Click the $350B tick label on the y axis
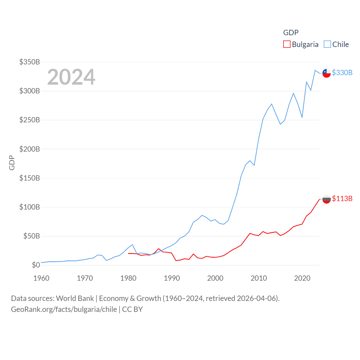(30, 62)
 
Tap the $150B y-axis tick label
(30, 178)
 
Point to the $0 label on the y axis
(36, 265)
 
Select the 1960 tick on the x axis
(41, 278)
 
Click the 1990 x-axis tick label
(172, 278)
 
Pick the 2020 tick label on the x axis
(302, 278)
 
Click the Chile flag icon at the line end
(327, 73)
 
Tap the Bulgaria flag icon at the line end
(327, 199)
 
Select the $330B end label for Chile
(342, 73)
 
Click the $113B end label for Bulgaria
(342, 199)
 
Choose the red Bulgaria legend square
(287, 44)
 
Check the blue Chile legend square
(327, 44)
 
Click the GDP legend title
(291, 33)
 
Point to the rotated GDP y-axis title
(12, 163)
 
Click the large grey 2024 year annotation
(71, 77)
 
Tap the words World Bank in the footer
(75, 298)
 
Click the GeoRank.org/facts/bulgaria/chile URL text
(64, 309)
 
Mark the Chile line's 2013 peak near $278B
(272, 104)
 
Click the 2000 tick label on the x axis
(215, 278)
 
